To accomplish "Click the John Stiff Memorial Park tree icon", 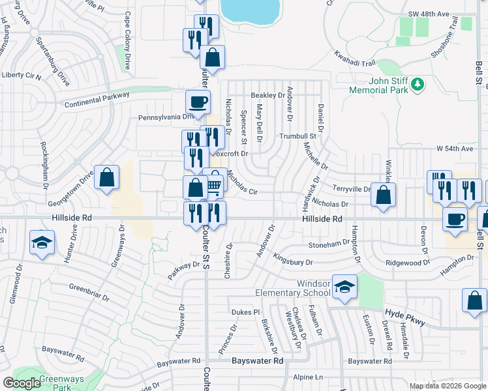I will [418, 85].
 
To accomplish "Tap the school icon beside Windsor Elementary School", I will [344, 287].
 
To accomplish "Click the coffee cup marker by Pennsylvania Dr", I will [198, 102].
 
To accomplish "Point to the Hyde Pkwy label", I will [404, 317].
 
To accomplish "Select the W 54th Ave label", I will [454, 149].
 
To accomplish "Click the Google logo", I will [22, 383].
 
